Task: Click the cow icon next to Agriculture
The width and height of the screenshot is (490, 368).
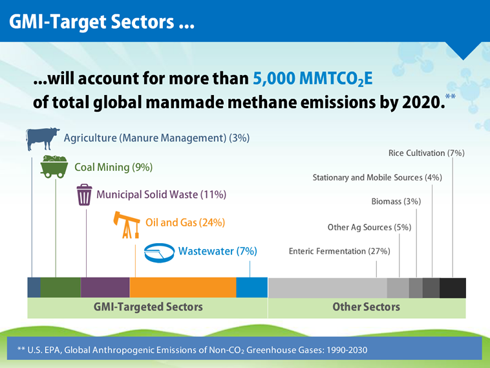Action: click(43, 139)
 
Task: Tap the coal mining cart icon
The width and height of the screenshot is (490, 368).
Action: click(56, 168)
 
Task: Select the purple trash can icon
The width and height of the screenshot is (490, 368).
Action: click(84, 195)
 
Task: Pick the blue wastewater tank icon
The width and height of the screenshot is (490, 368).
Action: click(158, 252)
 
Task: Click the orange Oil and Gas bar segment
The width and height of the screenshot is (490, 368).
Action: click(183, 287)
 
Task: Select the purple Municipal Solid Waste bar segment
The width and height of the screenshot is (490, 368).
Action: click(105, 287)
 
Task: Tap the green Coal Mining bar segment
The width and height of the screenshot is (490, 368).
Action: click(60, 287)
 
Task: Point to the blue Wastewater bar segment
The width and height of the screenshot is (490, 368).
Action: click(251, 287)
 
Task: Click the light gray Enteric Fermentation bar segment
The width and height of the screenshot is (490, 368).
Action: click(327, 287)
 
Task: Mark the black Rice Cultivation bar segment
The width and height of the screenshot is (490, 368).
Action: click(453, 287)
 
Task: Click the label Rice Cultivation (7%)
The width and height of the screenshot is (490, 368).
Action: click(426, 153)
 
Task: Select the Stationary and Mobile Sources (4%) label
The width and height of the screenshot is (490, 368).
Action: click(377, 177)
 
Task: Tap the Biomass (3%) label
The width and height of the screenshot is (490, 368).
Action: click(396, 202)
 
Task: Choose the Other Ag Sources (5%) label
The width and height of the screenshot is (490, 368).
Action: click(369, 227)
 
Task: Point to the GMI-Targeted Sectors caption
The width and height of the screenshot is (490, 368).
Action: click(148, 307)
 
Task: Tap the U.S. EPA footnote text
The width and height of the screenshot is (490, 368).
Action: click(193, 350)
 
